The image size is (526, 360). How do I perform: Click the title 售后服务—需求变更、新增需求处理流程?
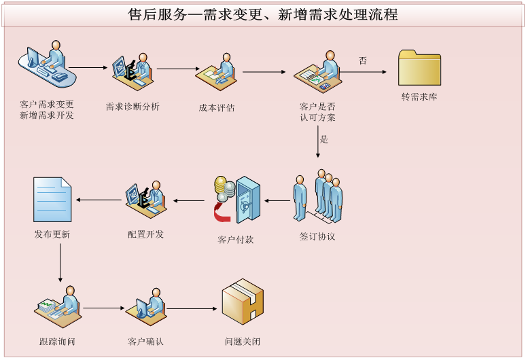click(x=263, y=14)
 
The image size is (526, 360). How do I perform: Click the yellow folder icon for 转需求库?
click(x=419, y=67)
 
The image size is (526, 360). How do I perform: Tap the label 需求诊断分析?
click(x=133, y=107)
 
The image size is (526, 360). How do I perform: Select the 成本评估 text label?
click(x=217, y=107)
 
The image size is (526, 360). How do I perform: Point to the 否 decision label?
click(x=363, y=61)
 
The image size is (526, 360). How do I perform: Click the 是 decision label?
click(x=324, y=139)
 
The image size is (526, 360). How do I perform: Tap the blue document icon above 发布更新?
click(x=52, y=200)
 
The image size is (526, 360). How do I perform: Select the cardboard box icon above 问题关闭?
click(x=243, y=302)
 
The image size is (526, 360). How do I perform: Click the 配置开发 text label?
click(x=146, y=234)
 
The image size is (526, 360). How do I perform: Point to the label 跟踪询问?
click(x=57, y=341)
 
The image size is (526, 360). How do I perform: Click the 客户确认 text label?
click(x=145, y=341)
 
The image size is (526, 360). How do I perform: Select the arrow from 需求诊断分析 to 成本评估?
click(x=177, y=69)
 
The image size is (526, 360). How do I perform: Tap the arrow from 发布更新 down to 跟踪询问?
click(x=60, y=262)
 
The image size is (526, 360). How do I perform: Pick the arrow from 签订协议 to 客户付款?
click(x=277, y=200)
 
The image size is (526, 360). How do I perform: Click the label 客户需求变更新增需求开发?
click(x=47, y=109)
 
